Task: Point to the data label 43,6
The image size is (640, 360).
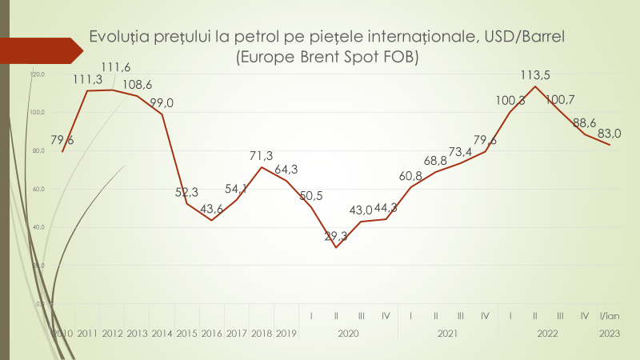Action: pos(212,209)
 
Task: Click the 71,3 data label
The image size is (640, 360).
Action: pos(262,155)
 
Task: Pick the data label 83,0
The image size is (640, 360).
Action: pos(610,134)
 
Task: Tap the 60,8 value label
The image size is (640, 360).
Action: pos(410,176)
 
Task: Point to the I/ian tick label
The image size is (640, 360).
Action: pos(610,317)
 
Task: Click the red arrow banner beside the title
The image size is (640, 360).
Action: pos(40,50)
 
